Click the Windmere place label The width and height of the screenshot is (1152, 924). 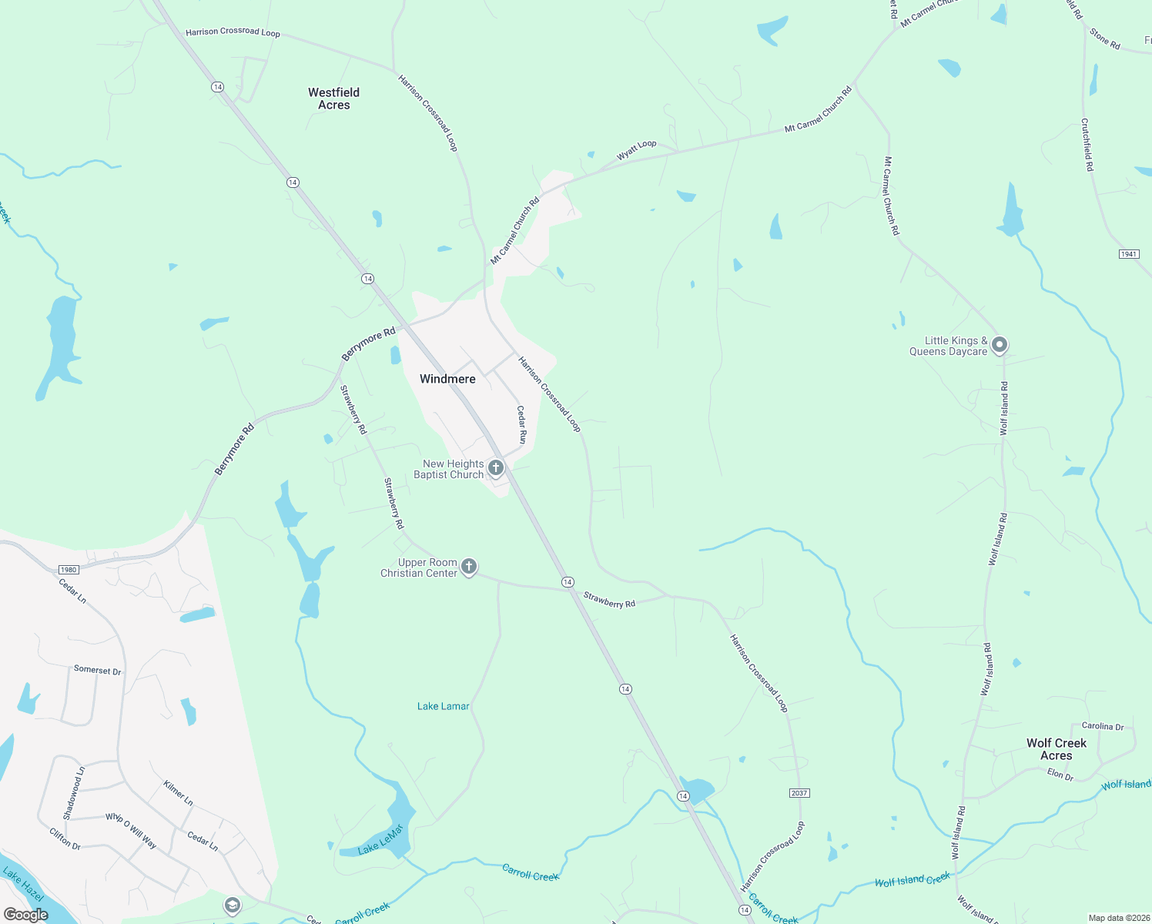(447, 379)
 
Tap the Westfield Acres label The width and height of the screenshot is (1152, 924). (333, 99)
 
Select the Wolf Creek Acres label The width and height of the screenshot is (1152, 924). (1056, 749)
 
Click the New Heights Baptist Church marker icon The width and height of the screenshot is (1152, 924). (496, 468)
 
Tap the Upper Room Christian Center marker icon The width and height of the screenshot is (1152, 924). (468, 567)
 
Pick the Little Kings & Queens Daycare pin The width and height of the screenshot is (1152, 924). (1000, 345)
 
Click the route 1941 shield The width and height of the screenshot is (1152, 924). (1129, 254)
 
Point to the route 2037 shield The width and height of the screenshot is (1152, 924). (799, 793)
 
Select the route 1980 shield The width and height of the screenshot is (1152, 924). (69, 570)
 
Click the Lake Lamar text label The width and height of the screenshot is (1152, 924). (443, 706)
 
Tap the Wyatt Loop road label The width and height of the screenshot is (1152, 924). (637, 150)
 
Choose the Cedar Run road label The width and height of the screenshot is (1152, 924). (521, 425)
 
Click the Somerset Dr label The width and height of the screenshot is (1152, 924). (97, 670)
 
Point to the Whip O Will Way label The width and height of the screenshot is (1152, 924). (131, 831)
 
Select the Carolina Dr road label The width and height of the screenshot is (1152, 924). (1103, 726)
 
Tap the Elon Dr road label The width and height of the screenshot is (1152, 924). (1060, 775)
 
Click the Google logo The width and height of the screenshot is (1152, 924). (25, 915)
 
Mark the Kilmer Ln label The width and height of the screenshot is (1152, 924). (178, 793)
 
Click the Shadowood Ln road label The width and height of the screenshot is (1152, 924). (73, 793)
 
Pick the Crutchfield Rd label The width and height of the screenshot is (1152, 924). (1087, 144)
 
